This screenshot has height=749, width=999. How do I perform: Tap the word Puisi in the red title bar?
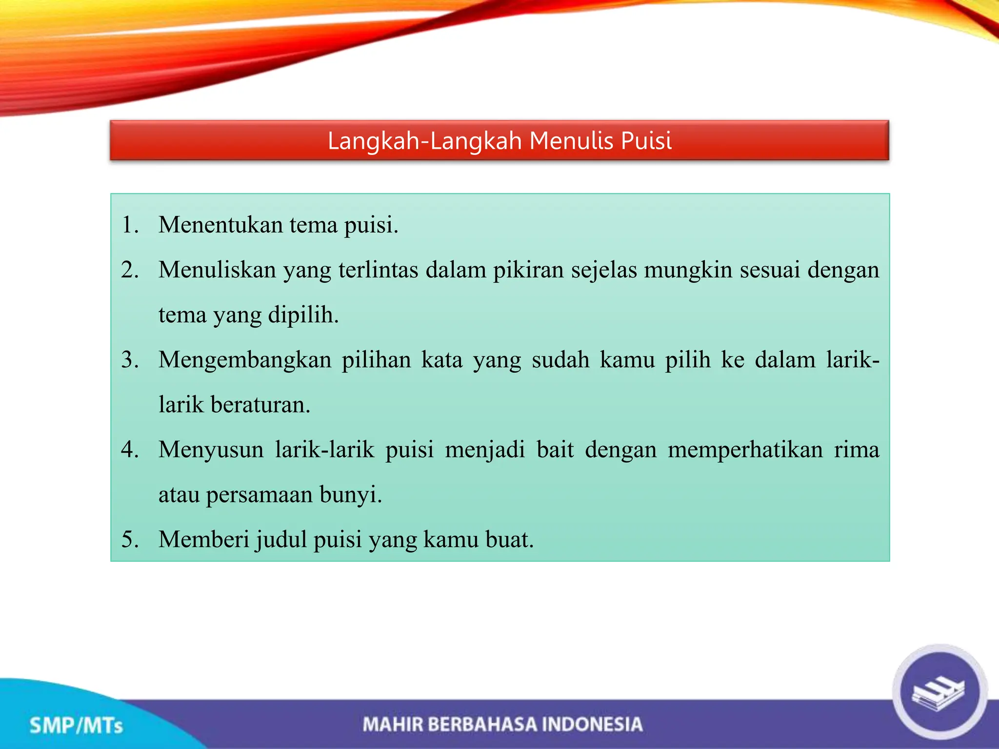(646, 141)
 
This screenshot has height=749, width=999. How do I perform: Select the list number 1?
(130, 225)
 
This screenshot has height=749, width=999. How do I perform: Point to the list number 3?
(130, 360)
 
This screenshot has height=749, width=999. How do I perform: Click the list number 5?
(130, 539)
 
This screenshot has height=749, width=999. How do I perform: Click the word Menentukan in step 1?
(220, 225)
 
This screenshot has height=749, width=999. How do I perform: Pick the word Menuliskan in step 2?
(217, 270)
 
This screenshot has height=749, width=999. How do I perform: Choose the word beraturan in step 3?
(260, 405)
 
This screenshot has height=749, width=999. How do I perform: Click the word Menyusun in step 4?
(211, 450)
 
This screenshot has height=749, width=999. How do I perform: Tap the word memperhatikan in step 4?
(745, 450)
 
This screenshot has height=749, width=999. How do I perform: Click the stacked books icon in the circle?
(939, 691)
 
